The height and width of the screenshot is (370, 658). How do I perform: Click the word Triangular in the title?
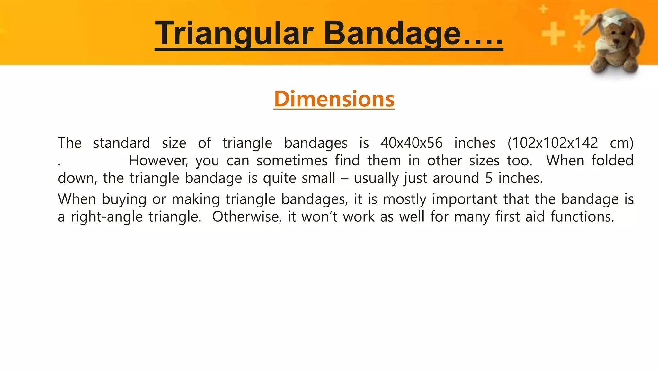tap(234, 33)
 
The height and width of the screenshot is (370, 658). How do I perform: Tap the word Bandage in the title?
tap(392, 33)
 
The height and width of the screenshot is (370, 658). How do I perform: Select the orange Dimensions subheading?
tap(334, 99)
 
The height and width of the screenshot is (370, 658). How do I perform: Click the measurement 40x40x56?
tap(411, 143)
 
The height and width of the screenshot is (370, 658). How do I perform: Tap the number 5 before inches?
tap(489, 178)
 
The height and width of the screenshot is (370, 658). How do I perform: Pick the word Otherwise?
tap(247, 217)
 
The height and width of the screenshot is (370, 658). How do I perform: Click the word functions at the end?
tap(582, 217)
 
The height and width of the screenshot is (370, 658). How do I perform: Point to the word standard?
tap(121, 143)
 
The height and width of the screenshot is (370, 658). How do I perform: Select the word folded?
tap(612, 161)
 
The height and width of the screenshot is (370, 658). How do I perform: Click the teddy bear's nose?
tap(616, 41)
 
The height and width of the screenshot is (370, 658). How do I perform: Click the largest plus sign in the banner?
tap(553, 33)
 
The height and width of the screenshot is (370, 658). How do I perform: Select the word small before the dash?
tap(318, 178)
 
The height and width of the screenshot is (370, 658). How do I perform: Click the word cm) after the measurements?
tap(621, 143)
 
